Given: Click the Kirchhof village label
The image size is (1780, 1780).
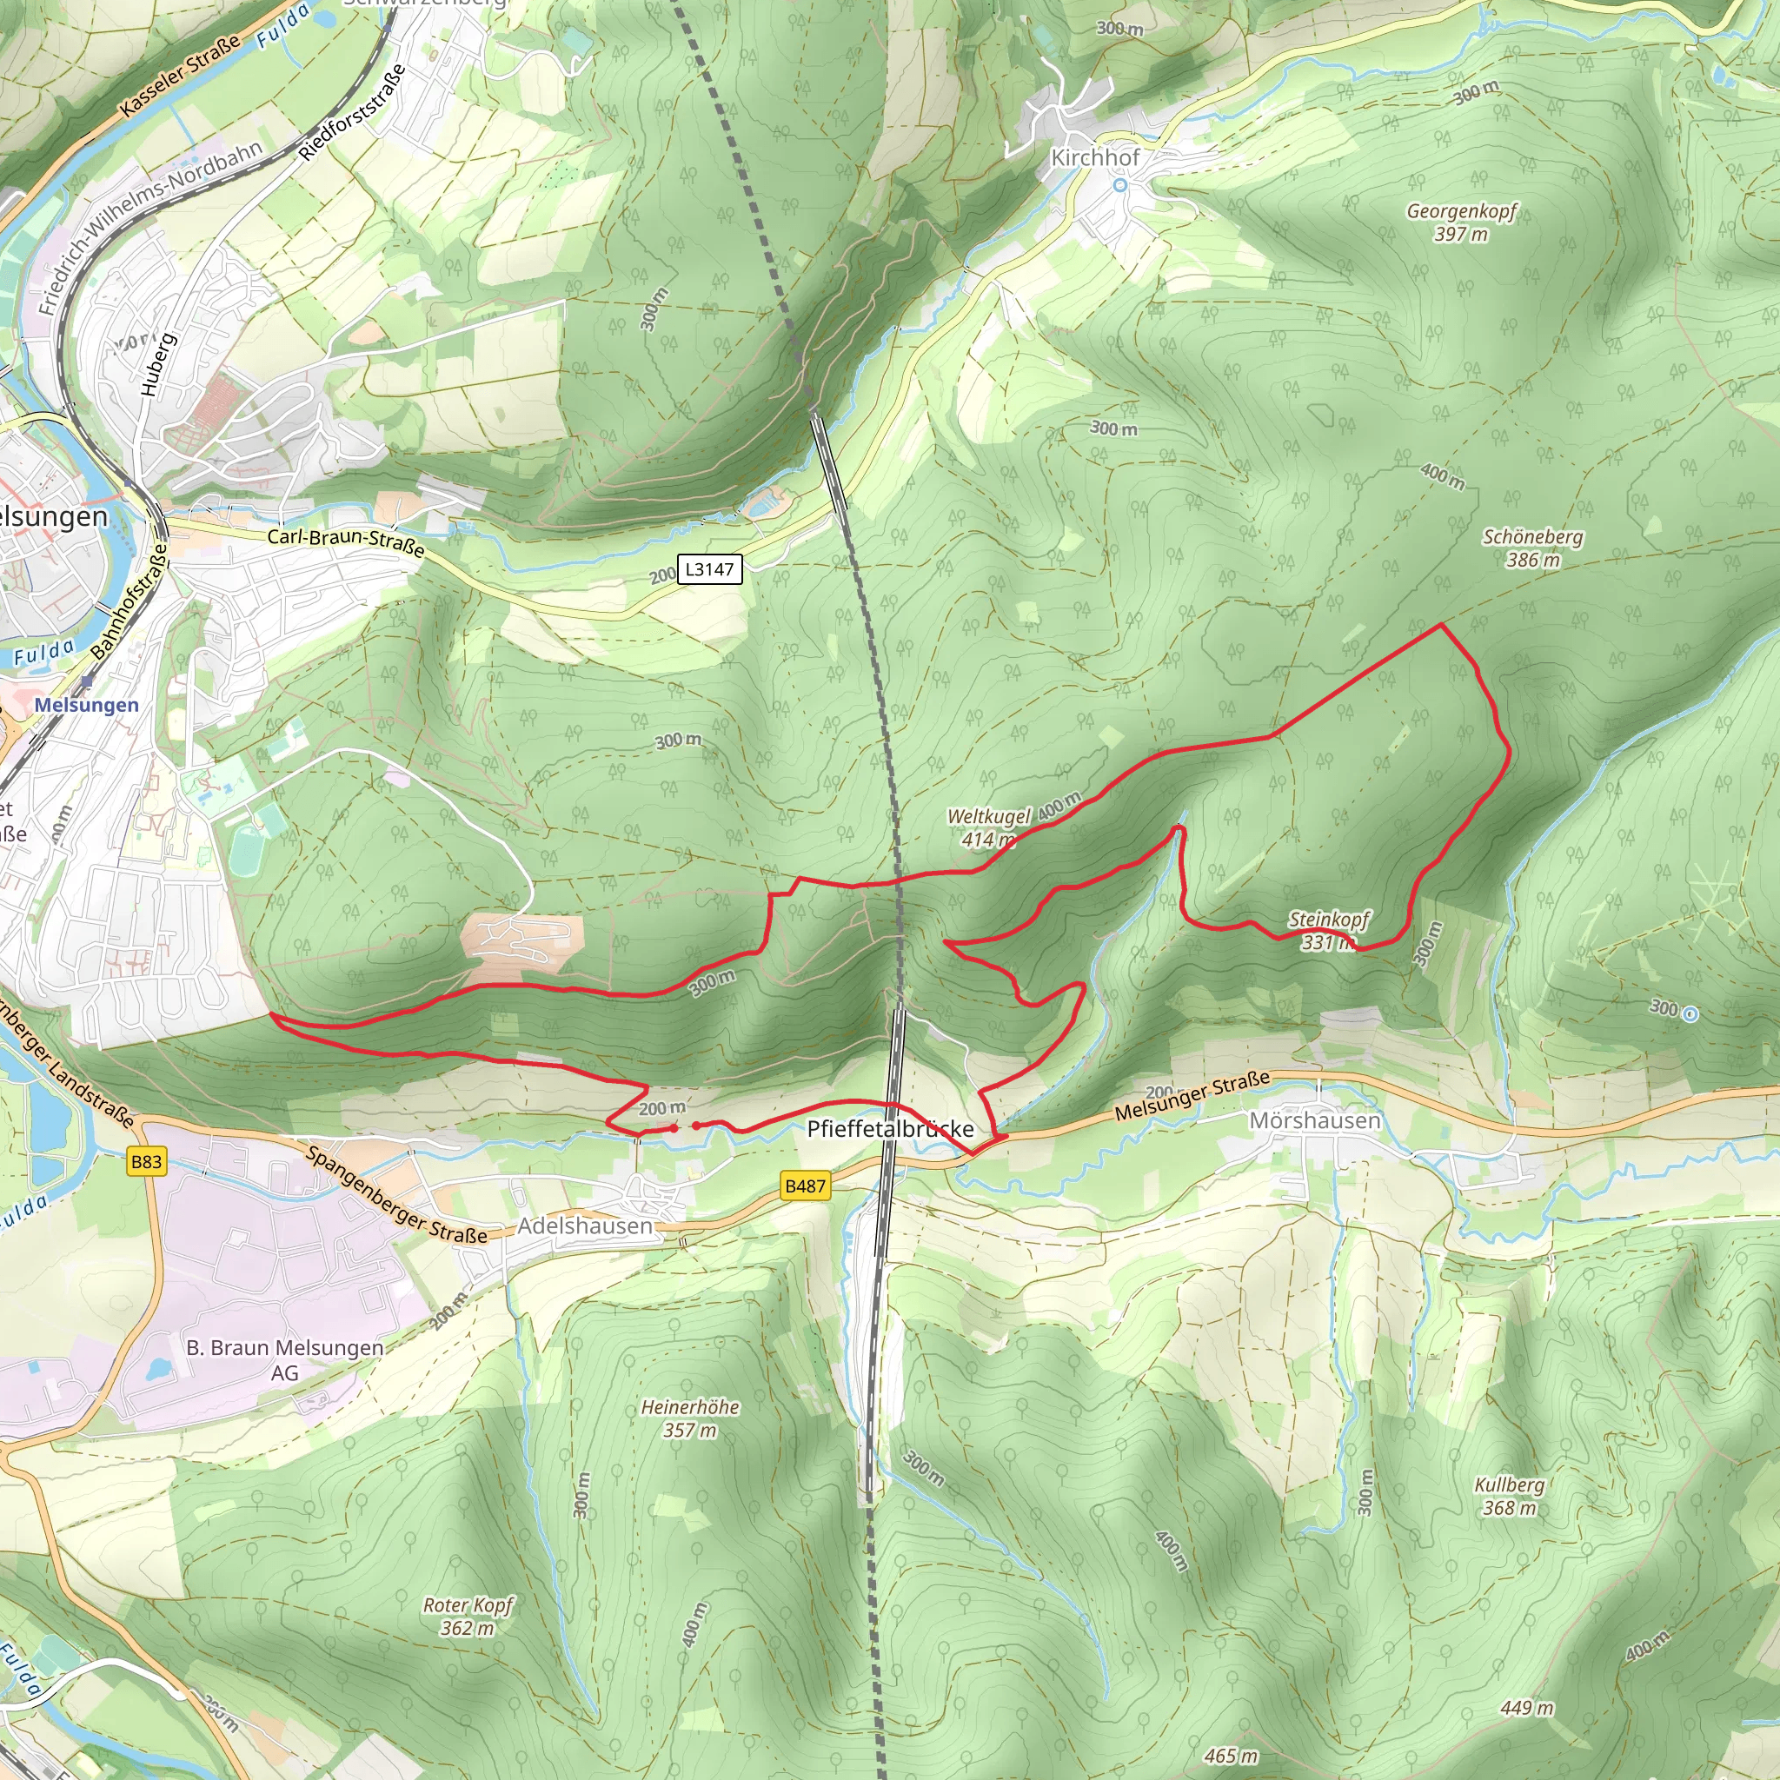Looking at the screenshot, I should tap(1094, 158).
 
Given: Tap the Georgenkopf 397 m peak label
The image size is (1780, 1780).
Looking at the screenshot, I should tap(1461, 222).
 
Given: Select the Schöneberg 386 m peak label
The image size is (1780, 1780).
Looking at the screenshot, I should tap(1533, 548).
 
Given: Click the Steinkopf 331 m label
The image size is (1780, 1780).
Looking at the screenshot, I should tap(1329, 931).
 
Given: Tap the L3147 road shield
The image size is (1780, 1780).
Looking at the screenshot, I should tap(708, 569).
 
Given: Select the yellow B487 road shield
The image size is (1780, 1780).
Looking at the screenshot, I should tap(804, 1186).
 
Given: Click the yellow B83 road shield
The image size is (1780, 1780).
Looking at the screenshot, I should tap(145, 1162).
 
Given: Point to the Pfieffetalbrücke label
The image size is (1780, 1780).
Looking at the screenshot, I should tap(890, 1130).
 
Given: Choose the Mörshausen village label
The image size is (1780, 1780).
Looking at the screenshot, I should tap(1315, 1120).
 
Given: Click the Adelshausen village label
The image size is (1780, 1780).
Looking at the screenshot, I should tap(584, 1226).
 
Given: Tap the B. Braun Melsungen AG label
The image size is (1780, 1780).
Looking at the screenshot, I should tap(285, 1360).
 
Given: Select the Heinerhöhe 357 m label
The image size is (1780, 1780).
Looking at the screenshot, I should tap(690, 1418).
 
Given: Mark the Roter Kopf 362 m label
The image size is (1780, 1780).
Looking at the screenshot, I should tap(468, 1617).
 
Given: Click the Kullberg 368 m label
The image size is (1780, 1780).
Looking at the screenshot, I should tap(1509, 1497).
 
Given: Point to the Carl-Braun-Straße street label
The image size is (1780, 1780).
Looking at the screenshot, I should tap(347, 542).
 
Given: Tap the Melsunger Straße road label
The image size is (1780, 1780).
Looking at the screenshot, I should tap(1192, 1096).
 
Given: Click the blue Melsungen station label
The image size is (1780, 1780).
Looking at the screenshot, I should tap(87, 705).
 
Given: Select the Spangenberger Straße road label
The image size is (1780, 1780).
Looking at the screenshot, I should tap(396, 1195).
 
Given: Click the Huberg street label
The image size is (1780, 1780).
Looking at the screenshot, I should tap(157, 366).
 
